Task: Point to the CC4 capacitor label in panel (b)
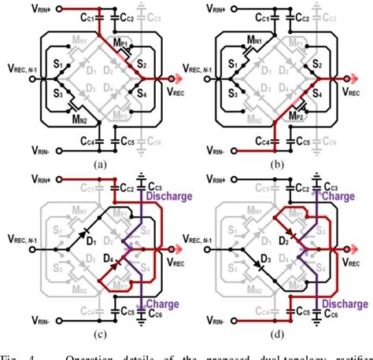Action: (x=266, y=142)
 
